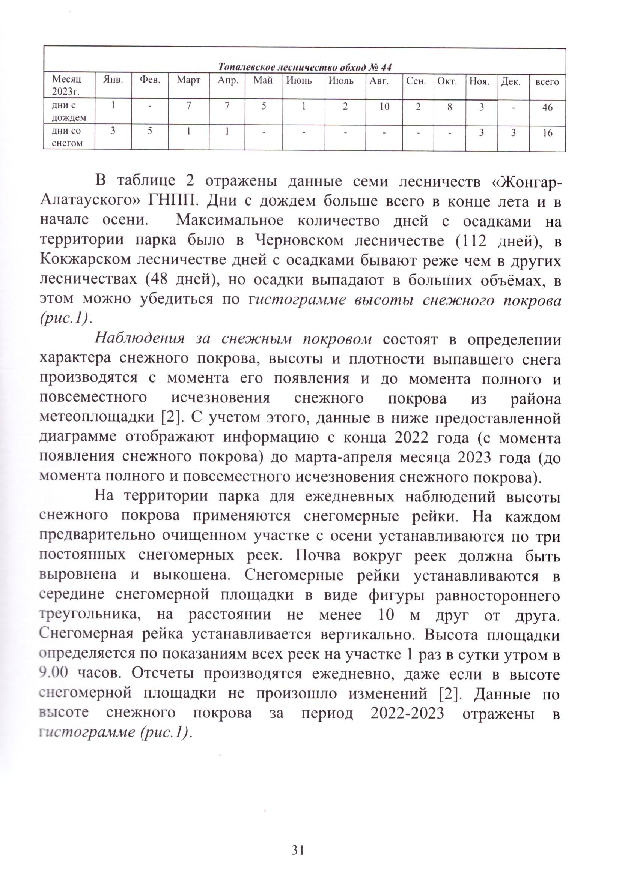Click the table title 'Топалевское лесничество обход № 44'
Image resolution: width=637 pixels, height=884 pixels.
pyautogui.click(x=304, y=67)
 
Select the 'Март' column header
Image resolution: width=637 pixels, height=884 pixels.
pyautogui.click(x=188, y=81)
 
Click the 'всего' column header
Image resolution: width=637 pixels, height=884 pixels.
pyautogui.click(x=547, y=82)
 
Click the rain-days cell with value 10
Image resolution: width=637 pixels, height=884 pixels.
pyautogui.click(x=384, y=107)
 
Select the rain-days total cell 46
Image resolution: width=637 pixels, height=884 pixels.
pyautogui.click(x=547, y=108)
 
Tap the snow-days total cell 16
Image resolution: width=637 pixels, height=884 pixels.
pyautogui.click(x=547, y=133)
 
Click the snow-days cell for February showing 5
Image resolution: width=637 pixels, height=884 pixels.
pyautogui.click(x=150, y=131)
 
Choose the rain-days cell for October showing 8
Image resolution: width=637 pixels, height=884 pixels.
pyautogui.click(x=449, y=107)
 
